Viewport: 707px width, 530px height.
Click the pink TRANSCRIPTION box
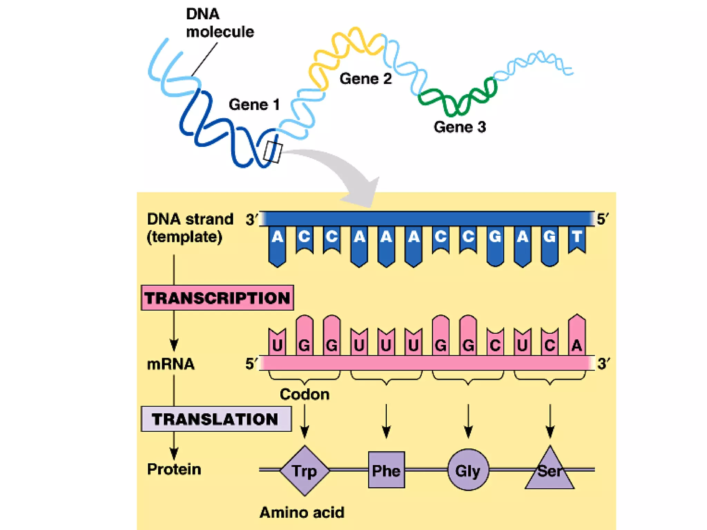217,298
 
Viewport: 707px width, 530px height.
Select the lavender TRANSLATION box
216,419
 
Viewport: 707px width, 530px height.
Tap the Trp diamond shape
304,471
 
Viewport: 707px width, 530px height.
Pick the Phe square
386,470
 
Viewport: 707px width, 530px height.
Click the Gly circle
468,470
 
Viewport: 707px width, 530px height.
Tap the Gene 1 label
254,105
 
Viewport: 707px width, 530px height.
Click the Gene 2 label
366,79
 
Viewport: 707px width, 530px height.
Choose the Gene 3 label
459,127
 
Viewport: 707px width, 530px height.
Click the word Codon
304,394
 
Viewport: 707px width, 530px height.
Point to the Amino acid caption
302,512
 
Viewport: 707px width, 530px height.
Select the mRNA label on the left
171,364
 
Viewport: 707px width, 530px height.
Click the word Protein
174,469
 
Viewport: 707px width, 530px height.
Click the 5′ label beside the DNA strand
602,219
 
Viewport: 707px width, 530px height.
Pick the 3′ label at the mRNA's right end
603,364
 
